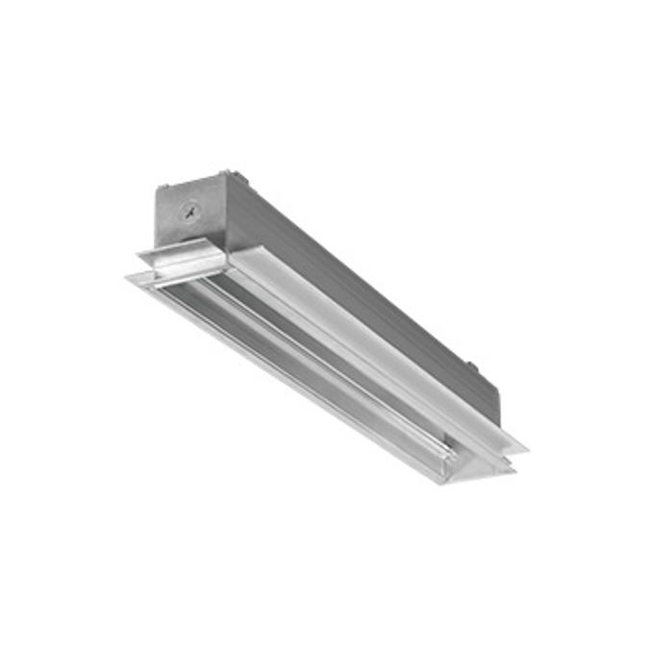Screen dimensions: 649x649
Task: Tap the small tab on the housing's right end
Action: pyautogui.click(x=472, y=365)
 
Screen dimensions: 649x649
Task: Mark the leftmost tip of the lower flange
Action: pyautogui.click(x=125, y=278)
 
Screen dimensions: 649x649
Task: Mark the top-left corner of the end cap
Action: pyautogui.click(x=157, y=187)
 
